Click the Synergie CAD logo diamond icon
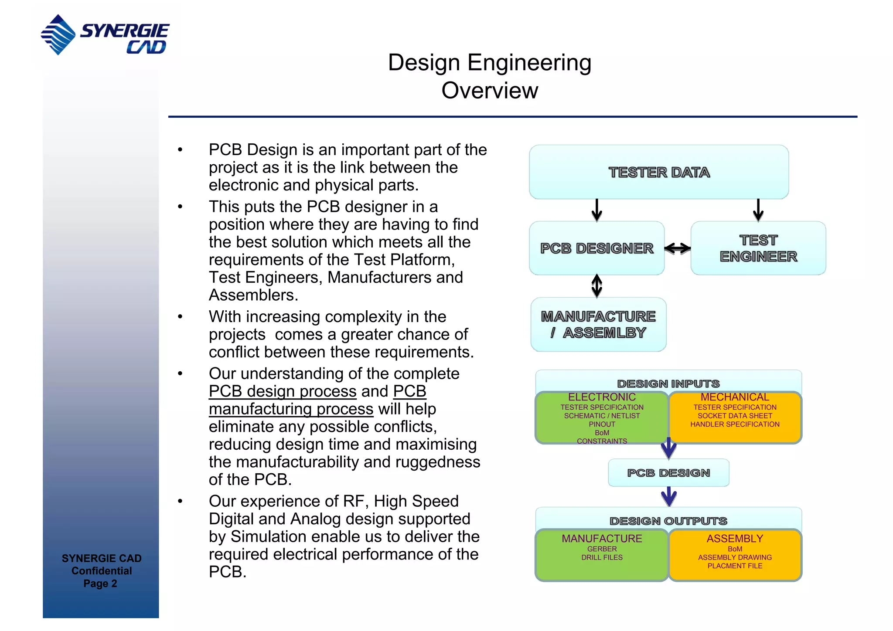click(x=58, y=35)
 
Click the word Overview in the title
click(x=489, y=91)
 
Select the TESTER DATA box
click(x=658, y=172)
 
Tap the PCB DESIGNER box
click(x=596, y=248)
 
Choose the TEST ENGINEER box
click(x=758, y=248)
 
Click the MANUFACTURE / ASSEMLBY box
click(x=598, y=325)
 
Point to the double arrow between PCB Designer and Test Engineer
click(x=677, y=248)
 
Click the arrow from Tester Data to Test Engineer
click(x=758, y=210)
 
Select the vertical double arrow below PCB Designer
click(x=596, y=286)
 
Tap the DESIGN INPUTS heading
click(x=668, y=383)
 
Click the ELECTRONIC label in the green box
click(x=602, y=397)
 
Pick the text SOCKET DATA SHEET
click(x=735, y=416)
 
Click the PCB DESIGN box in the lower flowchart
click(x=668, y=473)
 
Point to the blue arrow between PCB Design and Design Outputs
click(x=668, y=497)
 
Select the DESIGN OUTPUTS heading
click(x=668, y=521)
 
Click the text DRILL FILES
click(x=602, y=557)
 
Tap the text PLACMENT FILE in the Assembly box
click(x=735, y=566)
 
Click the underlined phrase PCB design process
click(x=283, y=391)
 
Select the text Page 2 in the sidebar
click(x=100, y=584)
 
